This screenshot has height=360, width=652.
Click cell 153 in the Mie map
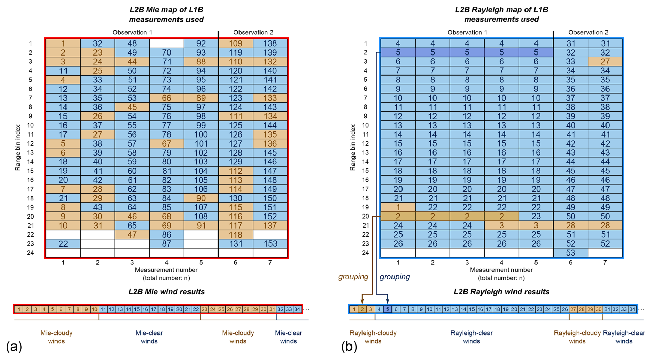coord(270,244)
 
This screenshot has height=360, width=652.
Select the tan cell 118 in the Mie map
coord(236,235)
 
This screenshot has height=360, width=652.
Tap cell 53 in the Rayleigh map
coord(571,253)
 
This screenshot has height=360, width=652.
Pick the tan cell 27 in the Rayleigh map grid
coord(605,62)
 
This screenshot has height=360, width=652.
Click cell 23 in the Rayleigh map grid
coord(536,217)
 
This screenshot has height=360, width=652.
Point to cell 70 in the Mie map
coord(166,53)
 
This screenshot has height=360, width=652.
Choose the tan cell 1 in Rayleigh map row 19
coord(398,207)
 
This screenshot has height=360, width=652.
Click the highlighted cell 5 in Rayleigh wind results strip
coord(388,309)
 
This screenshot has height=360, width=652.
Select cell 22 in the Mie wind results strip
coord(196,309)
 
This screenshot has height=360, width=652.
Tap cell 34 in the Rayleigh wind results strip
coord(632,309)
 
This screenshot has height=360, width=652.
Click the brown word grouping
coord(353,277)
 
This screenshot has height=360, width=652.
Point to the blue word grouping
coord(395,277)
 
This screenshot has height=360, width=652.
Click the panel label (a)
coord(14,346)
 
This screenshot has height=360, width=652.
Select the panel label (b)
coord(349,346)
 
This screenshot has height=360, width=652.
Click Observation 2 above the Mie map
coord(253,32)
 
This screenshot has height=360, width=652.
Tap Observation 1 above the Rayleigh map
coord(467,32)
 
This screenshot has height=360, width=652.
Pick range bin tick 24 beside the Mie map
coord(31,253)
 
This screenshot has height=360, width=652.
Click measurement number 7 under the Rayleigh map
coord(605,263)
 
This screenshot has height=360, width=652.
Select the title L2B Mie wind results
coord(166,292)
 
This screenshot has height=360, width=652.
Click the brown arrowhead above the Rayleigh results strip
coord(362,301)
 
